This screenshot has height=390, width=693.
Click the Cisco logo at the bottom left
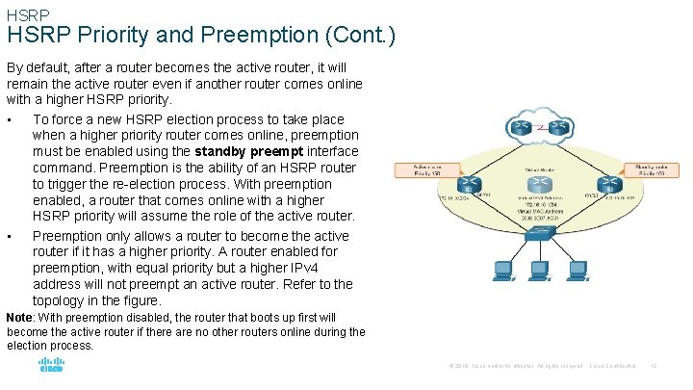50,366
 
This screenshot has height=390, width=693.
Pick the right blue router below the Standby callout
604,184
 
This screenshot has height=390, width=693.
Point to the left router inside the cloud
521,126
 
